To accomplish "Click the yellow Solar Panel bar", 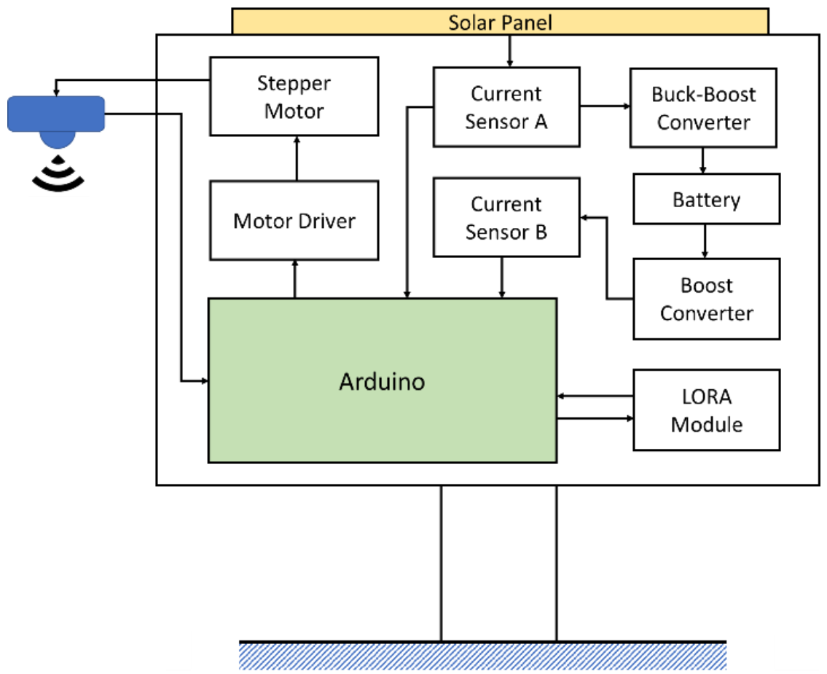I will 500,21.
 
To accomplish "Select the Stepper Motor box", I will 294,96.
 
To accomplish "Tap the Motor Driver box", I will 294,220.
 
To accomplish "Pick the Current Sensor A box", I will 506,107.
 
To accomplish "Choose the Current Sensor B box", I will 506,218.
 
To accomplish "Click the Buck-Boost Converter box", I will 703,109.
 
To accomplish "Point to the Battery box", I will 706,199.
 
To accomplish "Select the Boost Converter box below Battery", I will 706,299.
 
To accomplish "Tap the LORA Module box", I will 706,410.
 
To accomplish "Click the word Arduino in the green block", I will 382,381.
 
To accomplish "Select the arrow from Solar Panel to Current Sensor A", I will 509,50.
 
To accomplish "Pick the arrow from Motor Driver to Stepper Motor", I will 296,158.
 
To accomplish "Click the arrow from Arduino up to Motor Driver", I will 295,278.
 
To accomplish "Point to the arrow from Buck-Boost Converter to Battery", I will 703,160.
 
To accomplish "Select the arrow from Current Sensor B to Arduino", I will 501,277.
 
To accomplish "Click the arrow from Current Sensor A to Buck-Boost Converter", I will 605,106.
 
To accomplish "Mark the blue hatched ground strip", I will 483,656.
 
